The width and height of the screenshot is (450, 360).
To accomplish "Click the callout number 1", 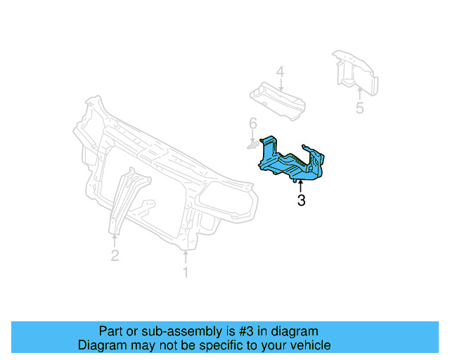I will (x=186, y=272).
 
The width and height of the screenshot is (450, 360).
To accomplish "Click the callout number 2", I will (x=115, y=256).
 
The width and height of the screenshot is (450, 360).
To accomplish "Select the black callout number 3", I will (x=301, y=202).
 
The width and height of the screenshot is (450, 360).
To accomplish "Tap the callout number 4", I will (x=280, y=72).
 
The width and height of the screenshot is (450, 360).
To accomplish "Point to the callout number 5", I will (x=359, y=108).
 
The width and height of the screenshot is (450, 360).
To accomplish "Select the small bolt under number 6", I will (x=251, y=145).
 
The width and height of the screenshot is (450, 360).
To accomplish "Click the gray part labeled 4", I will (x=278, y=98).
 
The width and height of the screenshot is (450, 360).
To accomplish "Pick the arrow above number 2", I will (x=115, y=239).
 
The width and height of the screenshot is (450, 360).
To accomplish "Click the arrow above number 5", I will (x=359, y=92).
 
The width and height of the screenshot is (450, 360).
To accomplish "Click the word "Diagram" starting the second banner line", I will (x=101, y=346).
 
